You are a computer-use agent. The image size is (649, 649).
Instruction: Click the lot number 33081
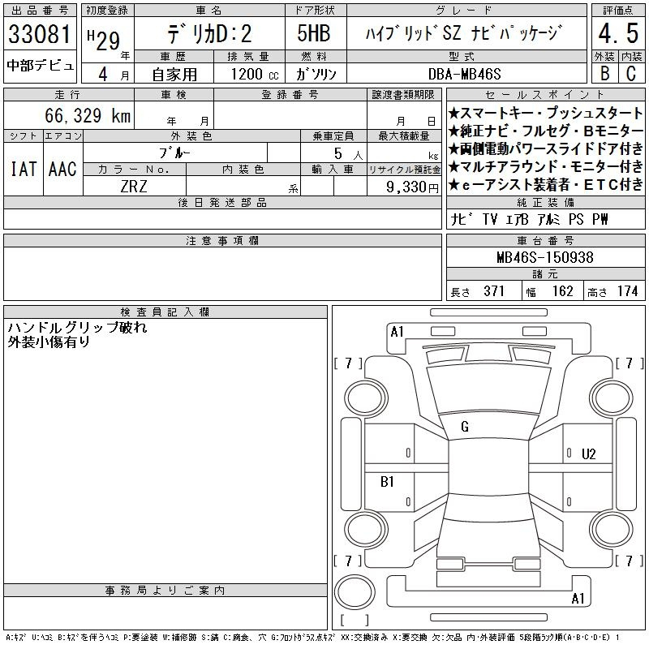40,34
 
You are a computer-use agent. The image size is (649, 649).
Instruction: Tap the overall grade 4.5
618,33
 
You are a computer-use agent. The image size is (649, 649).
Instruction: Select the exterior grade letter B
604,74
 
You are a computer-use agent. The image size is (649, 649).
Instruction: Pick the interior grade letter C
631,74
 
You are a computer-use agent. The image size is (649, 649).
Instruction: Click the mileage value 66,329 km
88,115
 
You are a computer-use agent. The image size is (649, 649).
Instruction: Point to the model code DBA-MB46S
464,74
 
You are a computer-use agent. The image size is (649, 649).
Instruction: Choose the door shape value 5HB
314,33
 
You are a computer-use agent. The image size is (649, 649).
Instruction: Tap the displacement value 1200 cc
255,74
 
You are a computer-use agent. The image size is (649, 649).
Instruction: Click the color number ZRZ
134,187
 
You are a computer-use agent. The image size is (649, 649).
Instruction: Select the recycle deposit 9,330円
412,187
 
